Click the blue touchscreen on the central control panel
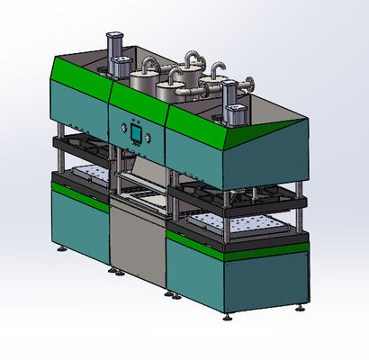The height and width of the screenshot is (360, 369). pyautogui.click(x=135, y=133)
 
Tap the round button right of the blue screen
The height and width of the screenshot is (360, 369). pyautogui.click(x=144, y=135)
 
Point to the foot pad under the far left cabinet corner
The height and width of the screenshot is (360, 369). pyautogui.click(x=61, y=248)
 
